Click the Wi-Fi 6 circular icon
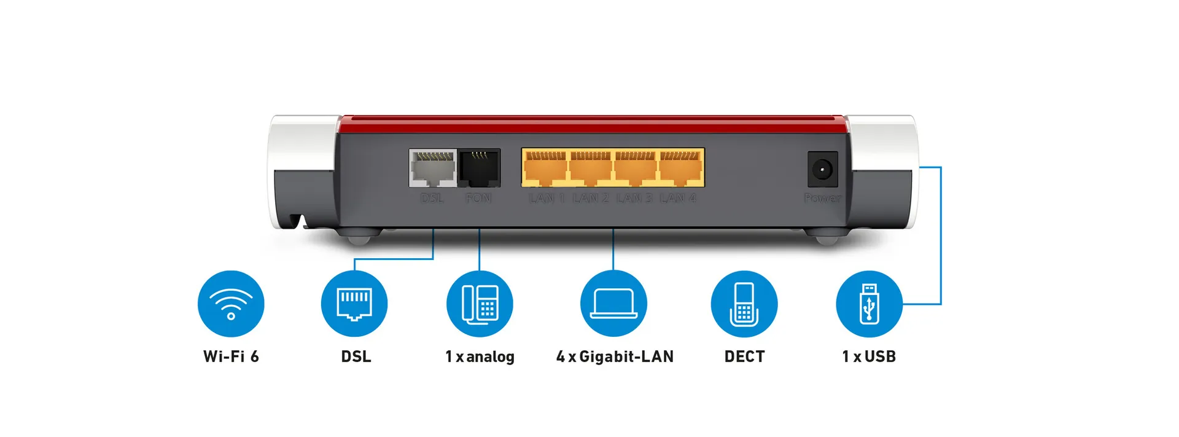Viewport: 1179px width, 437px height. tap(231, 304)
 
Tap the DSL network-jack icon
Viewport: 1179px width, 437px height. tap(354, 304)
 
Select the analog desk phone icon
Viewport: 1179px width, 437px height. tap(480, 304)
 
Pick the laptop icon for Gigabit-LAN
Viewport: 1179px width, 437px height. tap(613, 304)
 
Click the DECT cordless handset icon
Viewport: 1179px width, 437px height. tap(744, 304)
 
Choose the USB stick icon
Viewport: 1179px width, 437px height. tap(869, 304)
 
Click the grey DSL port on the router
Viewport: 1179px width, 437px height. tap(433, 168)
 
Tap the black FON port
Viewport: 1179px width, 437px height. tap(480, 168)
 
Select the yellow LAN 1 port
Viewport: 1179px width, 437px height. tap(545, 168)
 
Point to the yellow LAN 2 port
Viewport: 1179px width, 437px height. tap(590, 168)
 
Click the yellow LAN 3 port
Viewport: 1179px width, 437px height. tap(636, 168)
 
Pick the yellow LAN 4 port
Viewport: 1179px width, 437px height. tap(680, 168)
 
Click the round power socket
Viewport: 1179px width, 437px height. tap(822, 168)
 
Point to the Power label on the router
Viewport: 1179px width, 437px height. tap(822, 198)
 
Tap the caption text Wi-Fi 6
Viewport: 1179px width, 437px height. tap(231, 356)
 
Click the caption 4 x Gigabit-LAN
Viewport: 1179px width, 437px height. tap(615, 356)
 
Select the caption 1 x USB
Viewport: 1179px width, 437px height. tap(869, 356)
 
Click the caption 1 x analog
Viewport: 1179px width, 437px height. tap(480, 356)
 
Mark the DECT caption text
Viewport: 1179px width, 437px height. tap(744, 356)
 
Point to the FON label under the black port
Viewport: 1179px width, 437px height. tap(478, 198)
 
